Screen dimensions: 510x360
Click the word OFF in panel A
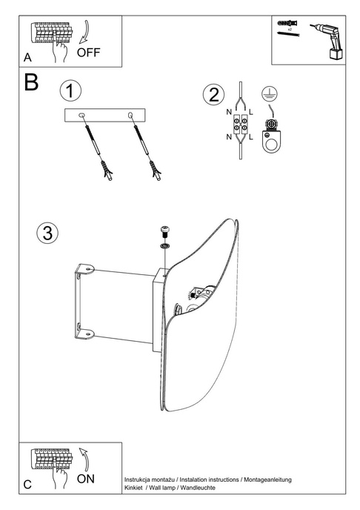(87, 53)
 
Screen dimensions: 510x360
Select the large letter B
(30, 83)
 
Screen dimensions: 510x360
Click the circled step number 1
(70, 92)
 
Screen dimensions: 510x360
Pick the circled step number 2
(213, 95)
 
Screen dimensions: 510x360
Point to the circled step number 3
(46, 233)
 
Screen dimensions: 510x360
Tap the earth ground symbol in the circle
(270, 93)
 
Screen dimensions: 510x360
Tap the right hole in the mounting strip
(130, 114)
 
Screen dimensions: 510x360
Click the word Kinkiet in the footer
(136, 490)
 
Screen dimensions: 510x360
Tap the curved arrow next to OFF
(83, 33)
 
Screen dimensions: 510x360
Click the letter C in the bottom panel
(27, 486)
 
